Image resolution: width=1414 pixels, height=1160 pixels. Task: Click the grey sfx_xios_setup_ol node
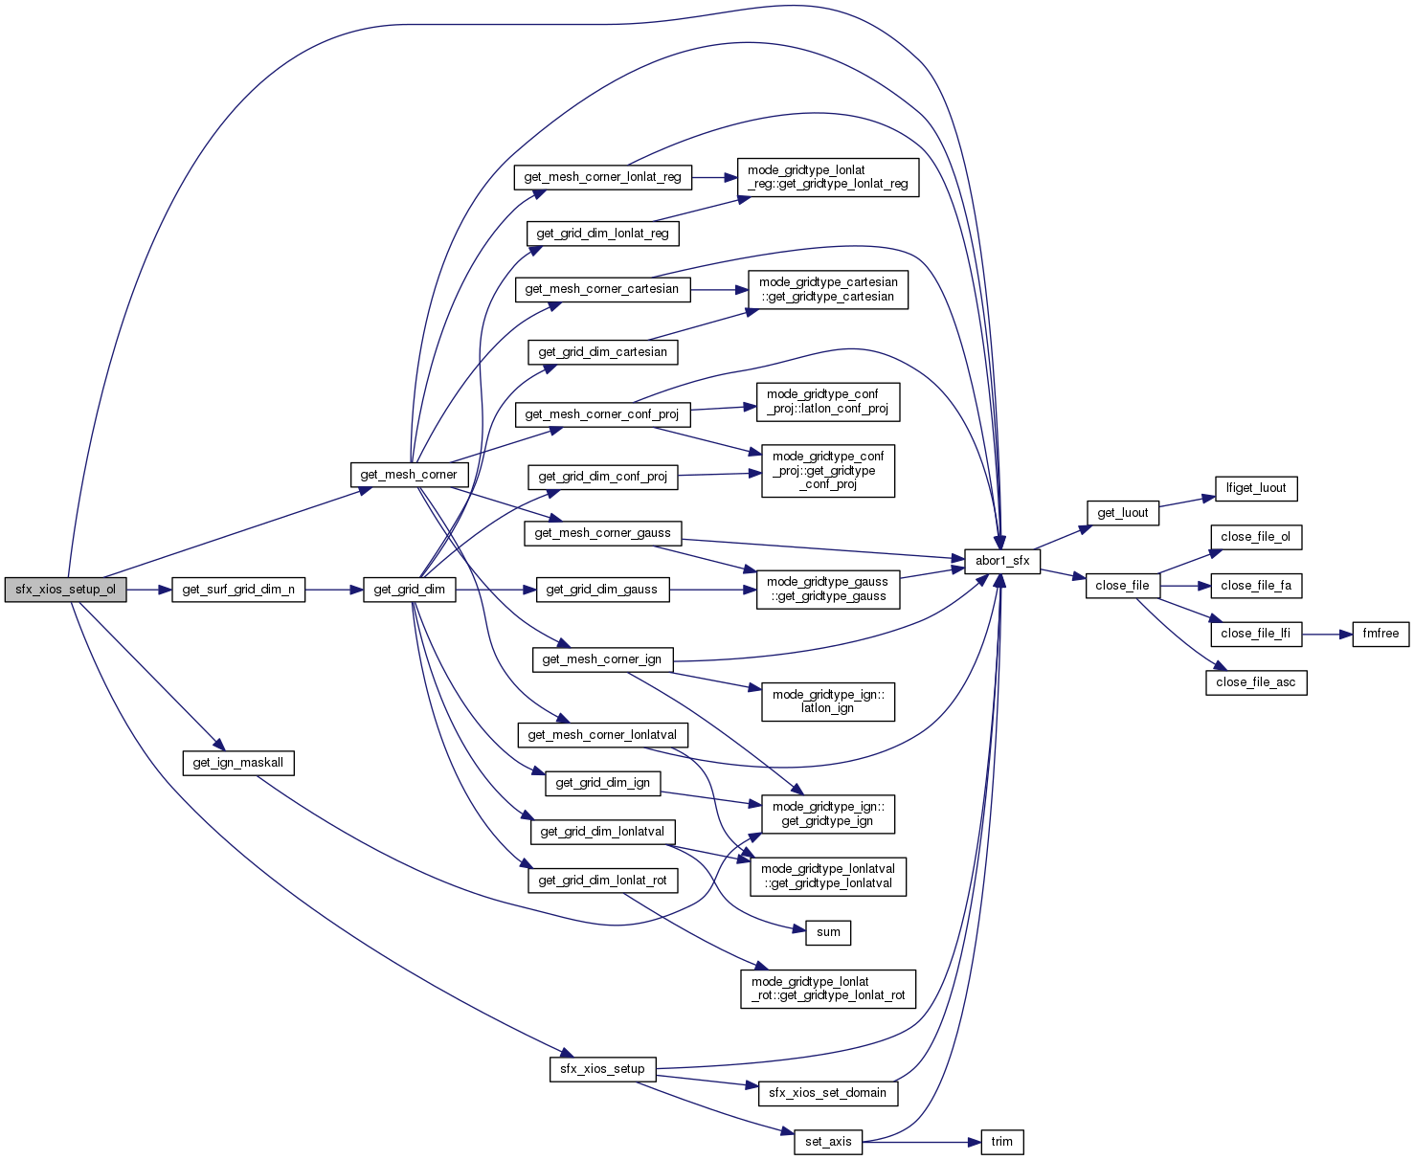65,590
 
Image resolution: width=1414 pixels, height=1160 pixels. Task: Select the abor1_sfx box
1002,561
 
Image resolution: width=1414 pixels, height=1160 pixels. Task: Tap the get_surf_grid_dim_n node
238,590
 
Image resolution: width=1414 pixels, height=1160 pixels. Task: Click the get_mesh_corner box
409,475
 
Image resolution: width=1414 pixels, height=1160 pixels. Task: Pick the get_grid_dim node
409,590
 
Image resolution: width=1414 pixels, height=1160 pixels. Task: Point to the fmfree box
1380,634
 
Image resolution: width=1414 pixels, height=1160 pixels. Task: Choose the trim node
1002,1142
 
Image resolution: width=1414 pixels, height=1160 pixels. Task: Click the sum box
828,932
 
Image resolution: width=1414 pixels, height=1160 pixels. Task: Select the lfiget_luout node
1256,488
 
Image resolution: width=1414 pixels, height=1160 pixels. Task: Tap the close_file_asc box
1256,682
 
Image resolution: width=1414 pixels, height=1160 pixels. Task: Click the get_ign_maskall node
238,763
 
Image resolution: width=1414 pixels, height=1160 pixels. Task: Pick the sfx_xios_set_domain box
827,1093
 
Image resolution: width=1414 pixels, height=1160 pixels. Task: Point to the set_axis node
828,1142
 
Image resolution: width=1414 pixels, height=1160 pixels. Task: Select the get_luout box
1122,513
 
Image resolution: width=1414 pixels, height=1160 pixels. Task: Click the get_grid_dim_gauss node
601,590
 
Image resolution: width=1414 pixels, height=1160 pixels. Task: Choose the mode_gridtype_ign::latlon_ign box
827,702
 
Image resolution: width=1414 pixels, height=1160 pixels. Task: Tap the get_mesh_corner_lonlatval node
602,735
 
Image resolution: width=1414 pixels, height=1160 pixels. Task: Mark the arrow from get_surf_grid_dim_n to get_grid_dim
334,590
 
